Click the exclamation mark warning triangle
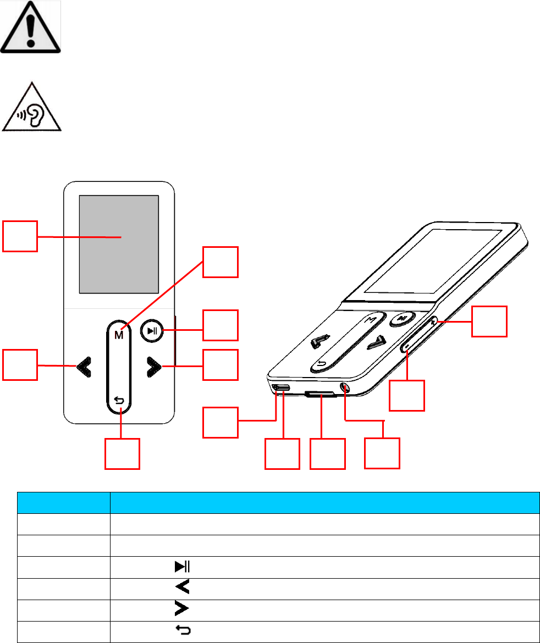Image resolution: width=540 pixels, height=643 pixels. (31, 27)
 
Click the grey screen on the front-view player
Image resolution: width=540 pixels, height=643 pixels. (119, 244)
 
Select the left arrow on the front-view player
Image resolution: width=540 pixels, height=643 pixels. (83, 367)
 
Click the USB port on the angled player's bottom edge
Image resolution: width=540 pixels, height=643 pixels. (282, 389)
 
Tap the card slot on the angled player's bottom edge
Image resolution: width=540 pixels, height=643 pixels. (320, 394)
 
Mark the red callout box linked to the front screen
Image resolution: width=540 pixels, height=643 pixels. (20, 236)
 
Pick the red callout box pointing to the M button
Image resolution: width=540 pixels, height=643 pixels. (221, 262)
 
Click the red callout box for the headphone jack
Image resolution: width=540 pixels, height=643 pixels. (382, 453)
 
